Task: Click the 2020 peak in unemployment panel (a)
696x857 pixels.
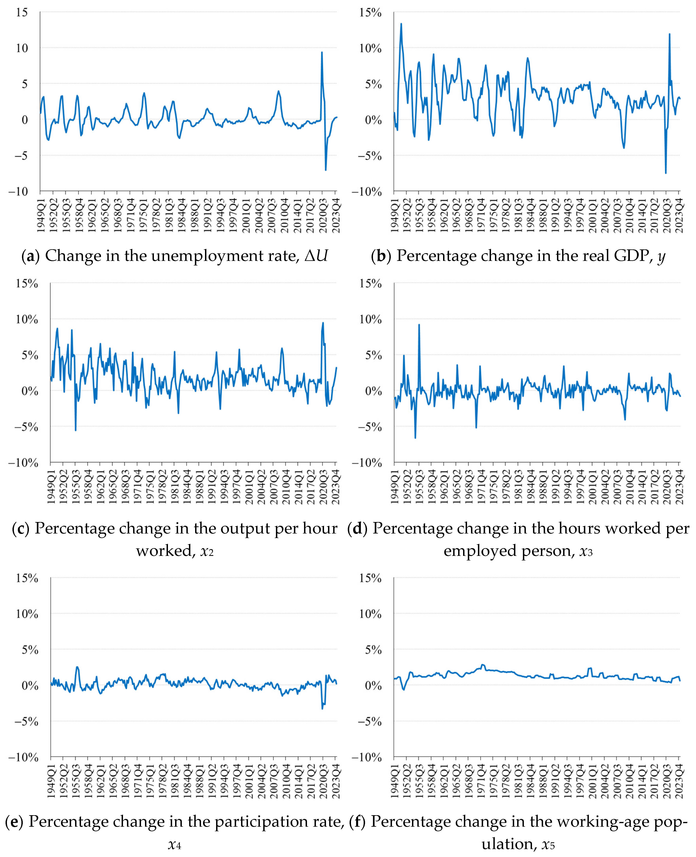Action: [x=321, y=52]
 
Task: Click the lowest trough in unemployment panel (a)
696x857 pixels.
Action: [x=326, y=170]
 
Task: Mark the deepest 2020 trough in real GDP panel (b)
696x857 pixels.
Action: [x=665, y=173]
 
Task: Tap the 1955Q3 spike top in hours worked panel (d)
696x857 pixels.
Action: [x=419, y=325]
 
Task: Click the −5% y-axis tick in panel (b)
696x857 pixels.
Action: [x=370, y=156]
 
